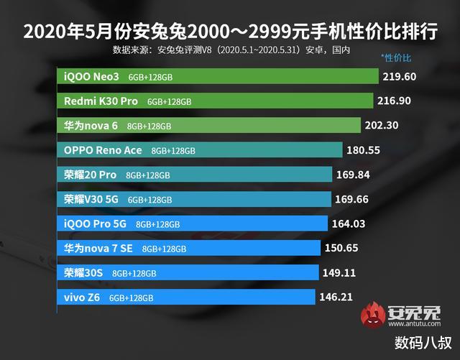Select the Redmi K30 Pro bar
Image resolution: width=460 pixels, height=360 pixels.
coord(215,101)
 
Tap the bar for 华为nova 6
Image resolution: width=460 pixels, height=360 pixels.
coord(208,125)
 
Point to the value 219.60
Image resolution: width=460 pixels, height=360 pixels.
coord(401,75)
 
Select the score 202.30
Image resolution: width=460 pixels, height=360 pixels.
coord(383,125)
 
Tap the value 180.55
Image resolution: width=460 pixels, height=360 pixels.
coord(364,149)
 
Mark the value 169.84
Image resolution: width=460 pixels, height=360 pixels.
coord(354,174)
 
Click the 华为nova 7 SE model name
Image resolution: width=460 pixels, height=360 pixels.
coord(99,248)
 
